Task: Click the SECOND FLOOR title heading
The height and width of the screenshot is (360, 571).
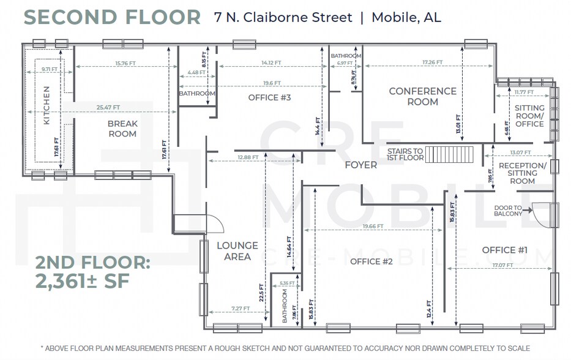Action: click(112, 17)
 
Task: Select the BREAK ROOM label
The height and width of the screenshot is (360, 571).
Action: click(122, 129)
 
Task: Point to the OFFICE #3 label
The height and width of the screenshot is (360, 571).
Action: click(269, 98)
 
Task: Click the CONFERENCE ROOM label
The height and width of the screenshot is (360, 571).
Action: click(423, 96)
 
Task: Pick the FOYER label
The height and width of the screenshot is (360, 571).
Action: click(360, 165)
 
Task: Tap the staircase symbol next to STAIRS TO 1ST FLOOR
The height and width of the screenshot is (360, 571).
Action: click(450, 154)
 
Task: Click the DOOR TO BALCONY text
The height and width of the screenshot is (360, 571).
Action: click(509, 210)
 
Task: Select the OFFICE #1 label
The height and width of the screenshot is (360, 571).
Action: click(505, 250)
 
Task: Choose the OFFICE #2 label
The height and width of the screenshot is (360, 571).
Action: click(371, 262)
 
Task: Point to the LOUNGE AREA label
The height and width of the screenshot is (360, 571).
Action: click(237, 251)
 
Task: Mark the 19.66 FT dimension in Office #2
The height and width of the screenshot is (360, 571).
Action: click(373, 227)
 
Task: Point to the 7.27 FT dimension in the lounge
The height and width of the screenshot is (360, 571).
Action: click(241, 308)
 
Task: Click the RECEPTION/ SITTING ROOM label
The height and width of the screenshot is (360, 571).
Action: click(522, 173)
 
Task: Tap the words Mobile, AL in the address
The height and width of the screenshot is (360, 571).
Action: click(406, 17)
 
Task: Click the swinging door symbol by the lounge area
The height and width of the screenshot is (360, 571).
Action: click(209, 225)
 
